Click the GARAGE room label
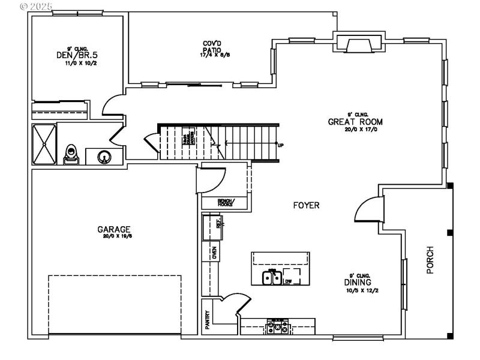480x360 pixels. click(114, 229)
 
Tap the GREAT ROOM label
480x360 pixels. click(355, 122)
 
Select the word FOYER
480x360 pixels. click(306, 205)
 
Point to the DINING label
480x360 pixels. click(357, 282)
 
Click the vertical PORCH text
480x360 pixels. click(430, 260)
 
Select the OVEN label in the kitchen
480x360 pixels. click(214, 253)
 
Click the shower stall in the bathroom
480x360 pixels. click(44, 143)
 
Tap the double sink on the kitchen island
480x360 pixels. click(272, 278)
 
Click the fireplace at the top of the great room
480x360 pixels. click(358, 44)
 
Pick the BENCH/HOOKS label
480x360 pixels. click(218, 203)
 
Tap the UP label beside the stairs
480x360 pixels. click(280, 145)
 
